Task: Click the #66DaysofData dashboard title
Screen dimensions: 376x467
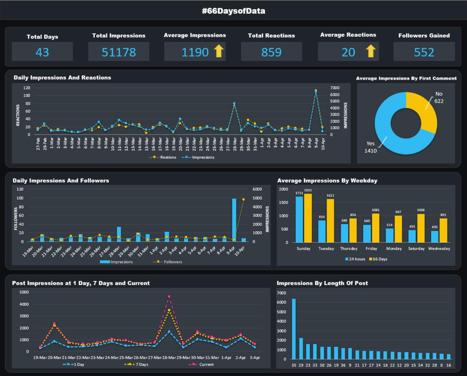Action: click(x=233, y=11)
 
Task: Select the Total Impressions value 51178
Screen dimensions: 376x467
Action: click(x=119, y=52)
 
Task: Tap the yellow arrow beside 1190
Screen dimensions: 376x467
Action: click(x=219, y=51)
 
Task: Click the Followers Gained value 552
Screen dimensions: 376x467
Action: click(x=424, y=52)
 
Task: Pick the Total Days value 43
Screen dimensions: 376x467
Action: click(x=42, y=52)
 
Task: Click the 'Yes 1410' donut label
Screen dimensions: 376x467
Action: click(x=371, y=147)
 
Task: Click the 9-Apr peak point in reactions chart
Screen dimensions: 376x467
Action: click(x=316, y=91)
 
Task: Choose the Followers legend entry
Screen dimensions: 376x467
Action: click(x=169, y=262)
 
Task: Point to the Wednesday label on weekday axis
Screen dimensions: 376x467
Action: click(x=439, y=248)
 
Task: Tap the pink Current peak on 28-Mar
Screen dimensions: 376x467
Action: click(x=169, y=296)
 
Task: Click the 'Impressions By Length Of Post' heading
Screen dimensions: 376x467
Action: click(x=322, y=283)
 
